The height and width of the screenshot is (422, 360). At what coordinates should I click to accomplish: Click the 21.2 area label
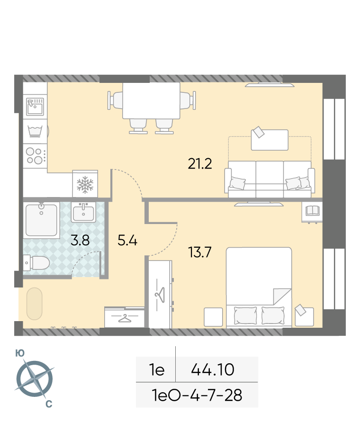pyautogui.click(x=200, y=163)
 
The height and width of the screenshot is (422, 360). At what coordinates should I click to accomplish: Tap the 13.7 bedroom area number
pyautogui.click(x=200, y=252)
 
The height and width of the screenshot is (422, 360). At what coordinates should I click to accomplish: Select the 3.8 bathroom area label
pyautogui.click(x=80, y=240)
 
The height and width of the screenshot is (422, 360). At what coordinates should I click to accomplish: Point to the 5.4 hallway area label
pyautogui.click(x=127, y=240)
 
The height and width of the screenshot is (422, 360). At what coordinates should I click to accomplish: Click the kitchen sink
pyautogui.click(x=35, y=107)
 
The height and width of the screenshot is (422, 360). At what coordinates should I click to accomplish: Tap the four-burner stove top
pyautogui.click(x=35, y=156)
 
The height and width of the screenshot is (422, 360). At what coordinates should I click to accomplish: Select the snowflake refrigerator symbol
pyautogui.click(x=85, y=185)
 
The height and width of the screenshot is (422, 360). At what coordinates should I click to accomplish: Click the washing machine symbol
pyautogui.click(x=35, y=131)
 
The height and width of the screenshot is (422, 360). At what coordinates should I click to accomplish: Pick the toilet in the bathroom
pyautogui.click(x=36, y=263)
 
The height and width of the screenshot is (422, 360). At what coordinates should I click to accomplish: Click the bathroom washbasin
pyautogui.click(x=83, y=212)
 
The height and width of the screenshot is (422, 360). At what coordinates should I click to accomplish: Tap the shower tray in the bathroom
pyautogui.click(x=41, y=220)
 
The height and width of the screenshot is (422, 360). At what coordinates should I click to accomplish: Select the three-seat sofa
pyautogui.click(x=270, y=179)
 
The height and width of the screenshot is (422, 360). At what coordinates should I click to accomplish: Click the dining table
pyautogui.click(x=151, y=101)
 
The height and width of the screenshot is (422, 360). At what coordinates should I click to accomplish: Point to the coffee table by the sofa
pyautogui.click(x=270, y=140)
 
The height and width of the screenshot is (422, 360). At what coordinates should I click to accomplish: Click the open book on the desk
pyautogui.click(x=312, y=210)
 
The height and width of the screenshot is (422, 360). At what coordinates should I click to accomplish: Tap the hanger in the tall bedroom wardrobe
pyautogui.click(x=160, y=295)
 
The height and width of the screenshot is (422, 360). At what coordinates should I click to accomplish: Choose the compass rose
pyautogui.click(x=35, y=379)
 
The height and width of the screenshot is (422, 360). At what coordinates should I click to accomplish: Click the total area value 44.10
pyautogui.click(x=213, y=369)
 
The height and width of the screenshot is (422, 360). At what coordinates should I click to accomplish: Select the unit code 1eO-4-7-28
pyautogui.click(x=197, y=395)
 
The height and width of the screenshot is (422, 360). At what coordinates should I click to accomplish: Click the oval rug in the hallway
pyautogui.click(x=35, y=304)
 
